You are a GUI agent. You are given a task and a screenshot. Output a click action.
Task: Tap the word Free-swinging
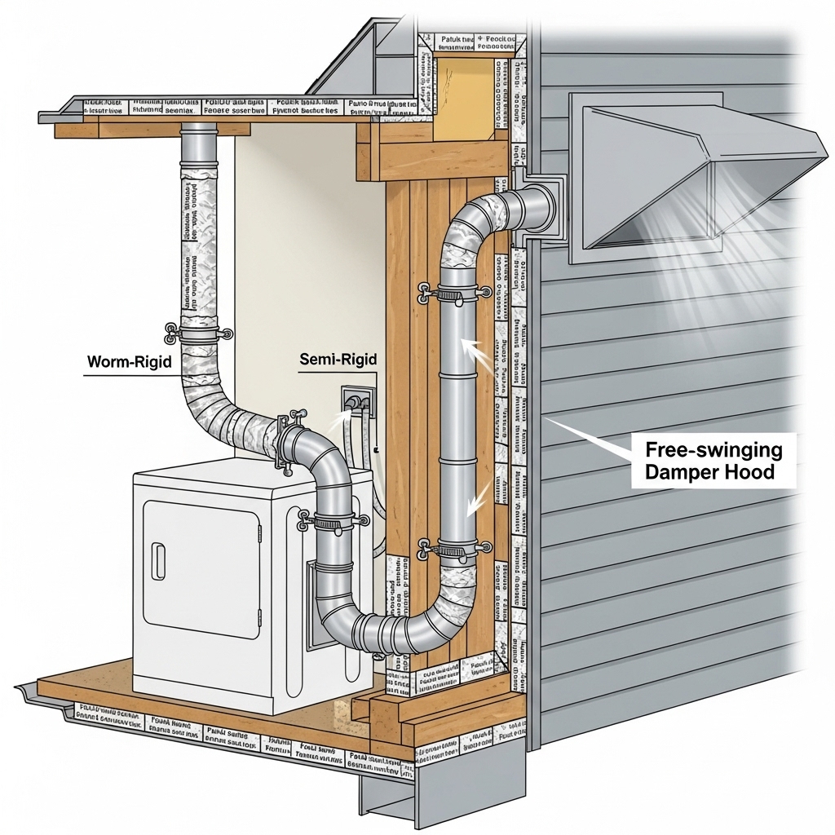pyautogui.click(x=714, y=449)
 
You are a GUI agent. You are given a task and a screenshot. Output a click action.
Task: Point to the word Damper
pyautogui.click(x=680, y=471)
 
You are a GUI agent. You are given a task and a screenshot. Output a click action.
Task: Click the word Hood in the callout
pyautogui.click(x=749, y=471)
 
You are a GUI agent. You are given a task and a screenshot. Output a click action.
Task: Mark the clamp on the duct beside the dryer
pyautogui.click(x=333, y=519)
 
